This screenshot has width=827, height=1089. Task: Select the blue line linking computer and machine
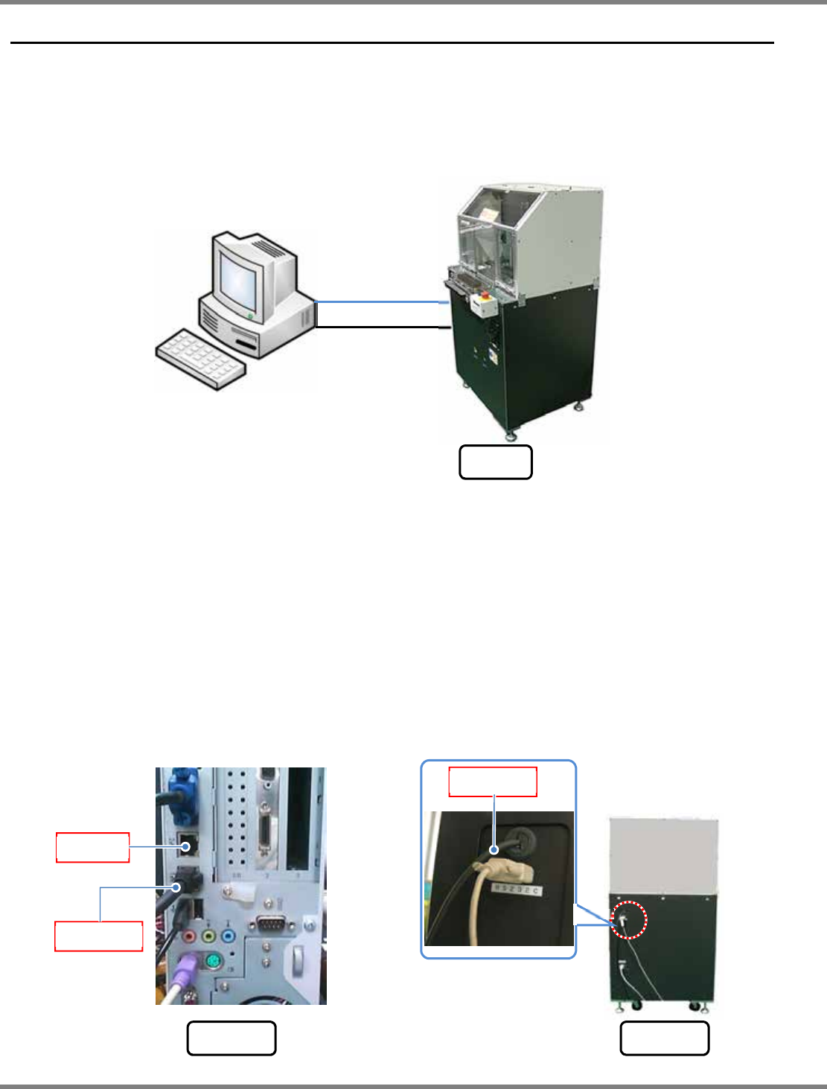click(380, 302)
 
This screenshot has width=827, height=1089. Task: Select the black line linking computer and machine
click(380, 327)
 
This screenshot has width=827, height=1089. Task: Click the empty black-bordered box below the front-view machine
click(496, 462)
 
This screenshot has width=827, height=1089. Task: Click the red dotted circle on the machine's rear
click(630, 921)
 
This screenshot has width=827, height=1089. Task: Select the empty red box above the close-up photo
click(493, 782)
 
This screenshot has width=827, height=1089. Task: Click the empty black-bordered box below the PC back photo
click(231, 1038)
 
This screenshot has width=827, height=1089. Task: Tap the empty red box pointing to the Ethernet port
click(93, 848)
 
